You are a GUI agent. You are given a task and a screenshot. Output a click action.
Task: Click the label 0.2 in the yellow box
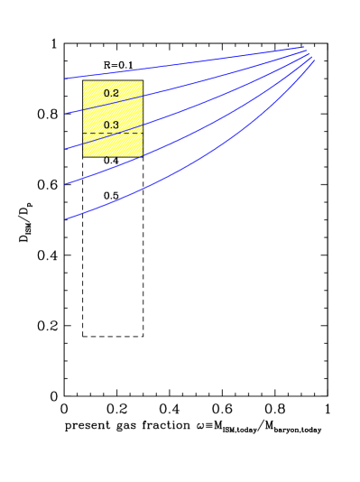[111, 93]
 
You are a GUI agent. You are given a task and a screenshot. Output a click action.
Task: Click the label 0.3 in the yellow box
[111, 125]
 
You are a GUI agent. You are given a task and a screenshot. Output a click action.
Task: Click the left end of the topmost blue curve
[65, 79]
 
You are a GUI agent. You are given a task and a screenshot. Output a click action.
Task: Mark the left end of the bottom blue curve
[65, 219]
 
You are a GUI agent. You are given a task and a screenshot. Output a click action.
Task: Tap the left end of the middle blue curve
[65, 149]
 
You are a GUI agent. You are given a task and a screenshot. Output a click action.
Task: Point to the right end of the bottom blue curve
[314, 60]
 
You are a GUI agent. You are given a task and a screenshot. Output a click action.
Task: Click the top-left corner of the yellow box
[83, 81]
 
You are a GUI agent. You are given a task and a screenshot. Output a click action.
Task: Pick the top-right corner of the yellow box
[143, 81]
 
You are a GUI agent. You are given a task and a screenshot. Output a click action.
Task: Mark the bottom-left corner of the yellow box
[83, 156]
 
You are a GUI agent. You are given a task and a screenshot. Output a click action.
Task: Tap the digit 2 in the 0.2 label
[115, 93]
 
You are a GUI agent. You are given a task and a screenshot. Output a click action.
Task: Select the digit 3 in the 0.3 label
[115, 125]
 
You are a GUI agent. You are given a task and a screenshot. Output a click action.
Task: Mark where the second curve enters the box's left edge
[83, 108]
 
